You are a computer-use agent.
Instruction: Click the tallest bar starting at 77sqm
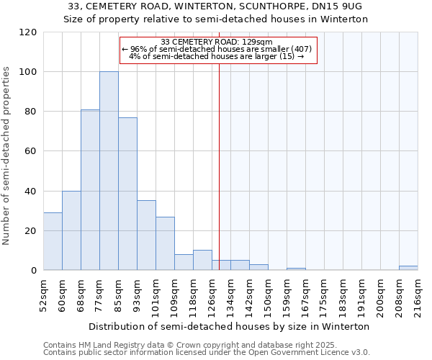coord(109,171)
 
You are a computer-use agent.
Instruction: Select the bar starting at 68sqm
coord(90,190)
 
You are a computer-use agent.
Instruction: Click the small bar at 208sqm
coord(408,268)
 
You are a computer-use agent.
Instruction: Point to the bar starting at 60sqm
coord(71,230)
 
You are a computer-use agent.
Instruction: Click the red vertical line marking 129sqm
coord(220,166)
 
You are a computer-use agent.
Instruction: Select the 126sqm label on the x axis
coord(212,295)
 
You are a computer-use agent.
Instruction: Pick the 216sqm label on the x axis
coord(418,295)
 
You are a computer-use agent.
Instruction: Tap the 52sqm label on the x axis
coord(43,295)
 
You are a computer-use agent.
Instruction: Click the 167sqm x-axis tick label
coord(305,295)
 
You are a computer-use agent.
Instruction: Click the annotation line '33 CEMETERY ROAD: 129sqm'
coord(217,42)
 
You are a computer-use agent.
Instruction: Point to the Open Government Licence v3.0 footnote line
coord(207,352)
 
